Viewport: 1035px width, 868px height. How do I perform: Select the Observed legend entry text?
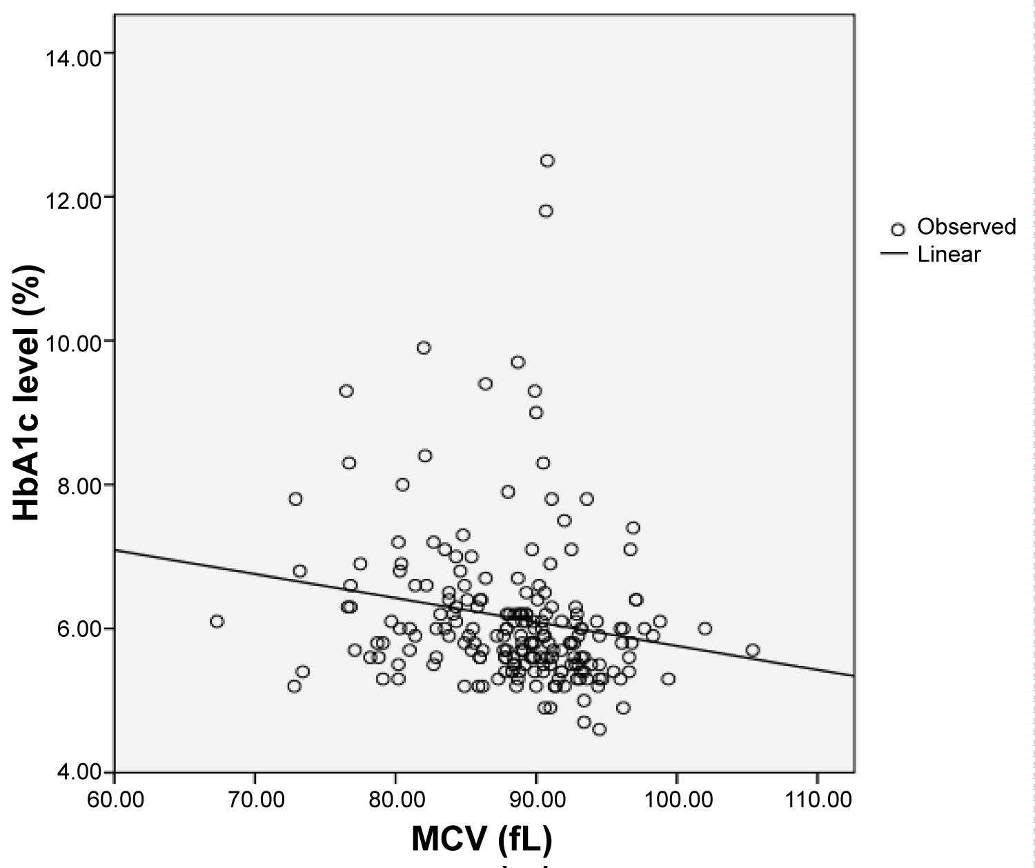966,227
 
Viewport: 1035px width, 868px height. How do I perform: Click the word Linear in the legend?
949,255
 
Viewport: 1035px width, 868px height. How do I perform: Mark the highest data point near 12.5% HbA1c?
547,161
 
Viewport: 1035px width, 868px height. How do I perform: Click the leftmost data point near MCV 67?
217,622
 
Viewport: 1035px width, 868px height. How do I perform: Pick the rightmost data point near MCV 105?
753,650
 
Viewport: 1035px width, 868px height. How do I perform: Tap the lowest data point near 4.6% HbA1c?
599,729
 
